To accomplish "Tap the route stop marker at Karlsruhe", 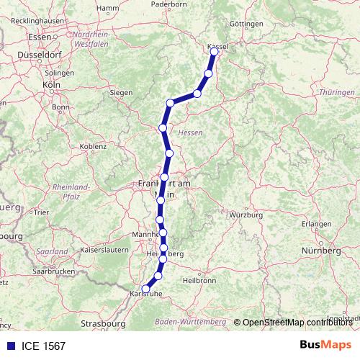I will [146, 289].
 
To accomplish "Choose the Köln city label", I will [51, 84].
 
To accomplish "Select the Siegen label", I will [121, 92].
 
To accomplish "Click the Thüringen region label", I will [336, 93].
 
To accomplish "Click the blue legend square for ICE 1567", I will [7, 346].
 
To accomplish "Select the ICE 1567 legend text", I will [42, 346].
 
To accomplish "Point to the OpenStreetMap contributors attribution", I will [296, 321].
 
